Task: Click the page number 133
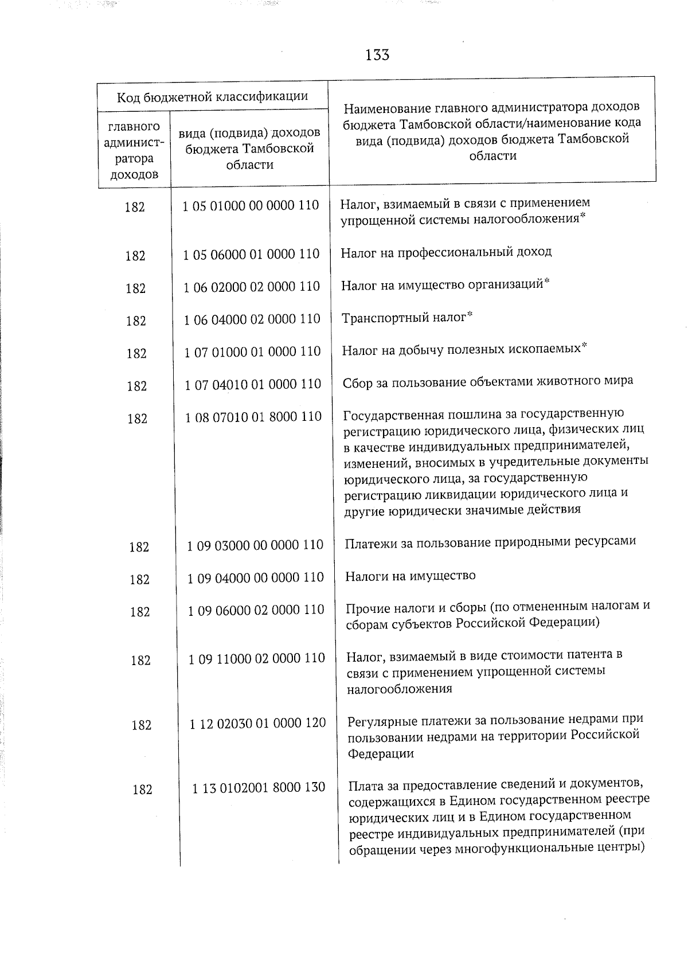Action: pyautogui.click(x=377, y=55)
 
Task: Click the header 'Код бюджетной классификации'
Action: pyautogui.click(x=213, y=96)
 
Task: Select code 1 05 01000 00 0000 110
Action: pyautogui.click(x=251, y=205)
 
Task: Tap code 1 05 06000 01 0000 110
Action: pyautogui.click(x=251, y=254)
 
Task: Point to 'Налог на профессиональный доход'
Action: pyautogui.click(x=446, y=252)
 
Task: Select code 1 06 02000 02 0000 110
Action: pyautogui.click(x=252, y=286)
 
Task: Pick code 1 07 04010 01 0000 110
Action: pyautogui.click(x=253, y=384)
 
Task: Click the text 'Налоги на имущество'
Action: pyautogui.click(x=410, y=576)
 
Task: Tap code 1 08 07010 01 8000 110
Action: pyautogui.click(x=253, y=417)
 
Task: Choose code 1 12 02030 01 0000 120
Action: pyautogui.click(x=257, y=723)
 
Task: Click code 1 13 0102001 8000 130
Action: pyautogui.click(x=259, y=788)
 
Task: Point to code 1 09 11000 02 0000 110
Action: pyautogui.click(x=256, y=658)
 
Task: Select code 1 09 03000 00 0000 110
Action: pyautogui.click(x=255, y=545)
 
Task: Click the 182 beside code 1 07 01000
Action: pyautogui.click(x=136, y=354)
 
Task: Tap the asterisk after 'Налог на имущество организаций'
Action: pyautogui.click(x=547, y=281)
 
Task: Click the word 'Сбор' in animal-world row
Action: pyautogui.click(x=357, y=382)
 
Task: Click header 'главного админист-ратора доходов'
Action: pyautogui.click(x=134, y=150)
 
